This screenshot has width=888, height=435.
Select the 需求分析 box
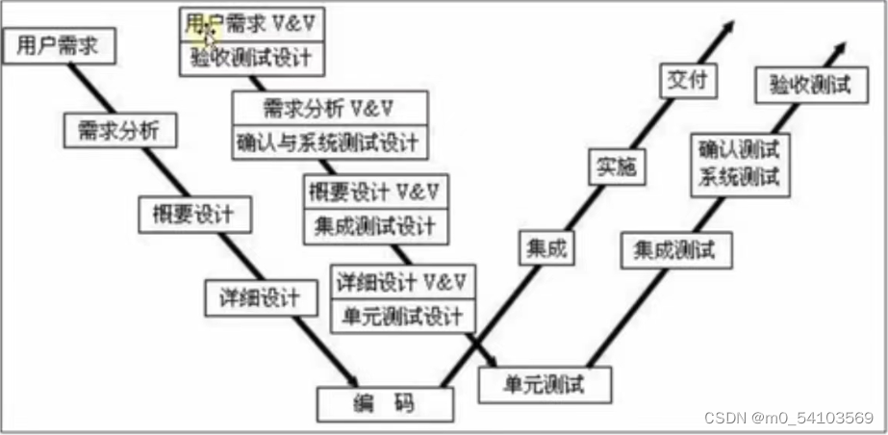pos(120,130)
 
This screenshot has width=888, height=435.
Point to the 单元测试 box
pos(545,384)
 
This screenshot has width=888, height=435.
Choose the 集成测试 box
pos(674,251)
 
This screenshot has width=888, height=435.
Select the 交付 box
pos(688,81)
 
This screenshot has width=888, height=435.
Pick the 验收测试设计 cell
pos(251,58)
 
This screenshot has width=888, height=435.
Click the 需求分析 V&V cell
pos(328,106)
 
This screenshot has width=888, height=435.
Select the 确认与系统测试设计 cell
pos(328,142)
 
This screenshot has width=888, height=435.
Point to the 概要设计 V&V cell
pos(374,190)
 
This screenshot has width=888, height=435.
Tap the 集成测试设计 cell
pos(374,226)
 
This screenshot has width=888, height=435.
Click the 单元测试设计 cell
pos(401,315)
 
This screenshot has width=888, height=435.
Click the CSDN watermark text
pos(789,418)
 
